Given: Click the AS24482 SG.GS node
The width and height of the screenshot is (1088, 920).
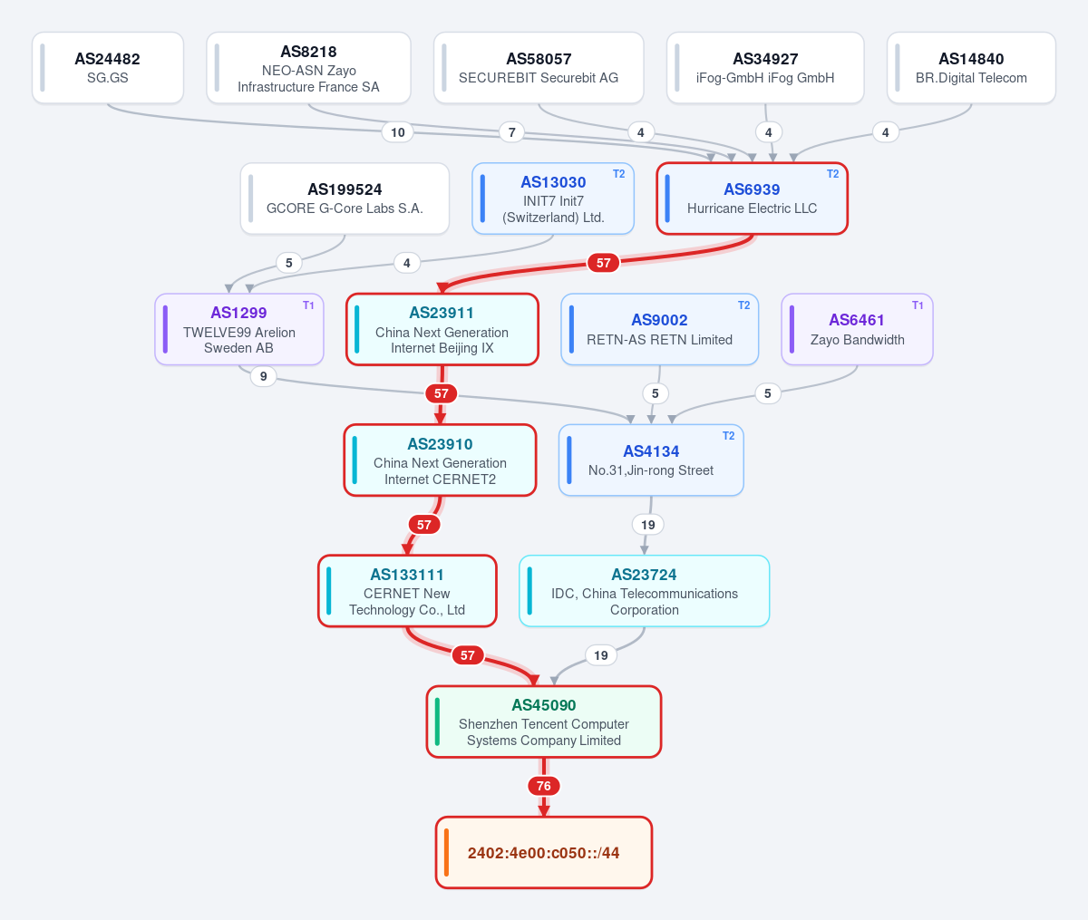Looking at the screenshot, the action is point(107,68).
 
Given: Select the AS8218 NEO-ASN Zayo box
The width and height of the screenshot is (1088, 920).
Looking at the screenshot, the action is point(308,68).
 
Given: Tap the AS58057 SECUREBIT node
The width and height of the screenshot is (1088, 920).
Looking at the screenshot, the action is point(539,68).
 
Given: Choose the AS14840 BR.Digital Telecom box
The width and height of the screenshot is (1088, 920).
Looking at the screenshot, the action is point(971,68).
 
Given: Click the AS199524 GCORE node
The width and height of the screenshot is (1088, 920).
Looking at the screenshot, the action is point(345,199).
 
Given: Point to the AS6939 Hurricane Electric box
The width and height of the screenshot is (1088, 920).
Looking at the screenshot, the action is point(753,199).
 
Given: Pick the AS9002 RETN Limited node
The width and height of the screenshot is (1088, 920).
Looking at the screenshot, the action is point(659,329).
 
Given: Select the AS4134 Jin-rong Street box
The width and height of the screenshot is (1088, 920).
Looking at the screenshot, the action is point(651,460).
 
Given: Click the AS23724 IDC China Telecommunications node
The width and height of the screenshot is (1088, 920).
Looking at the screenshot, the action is point(645,591).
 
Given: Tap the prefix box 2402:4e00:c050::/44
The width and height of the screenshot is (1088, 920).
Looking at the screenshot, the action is point(544,853).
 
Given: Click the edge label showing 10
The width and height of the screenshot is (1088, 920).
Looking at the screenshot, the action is point(397,132).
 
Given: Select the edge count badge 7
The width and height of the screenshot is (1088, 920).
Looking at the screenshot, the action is point(511,132).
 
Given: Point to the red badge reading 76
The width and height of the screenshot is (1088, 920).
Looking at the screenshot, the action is point(544,786).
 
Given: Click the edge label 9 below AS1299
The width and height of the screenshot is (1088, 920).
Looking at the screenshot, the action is point(263,376).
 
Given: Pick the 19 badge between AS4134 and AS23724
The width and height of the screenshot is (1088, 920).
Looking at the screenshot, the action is point(648,525).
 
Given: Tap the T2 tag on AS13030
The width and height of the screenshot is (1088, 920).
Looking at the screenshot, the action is point(619,174).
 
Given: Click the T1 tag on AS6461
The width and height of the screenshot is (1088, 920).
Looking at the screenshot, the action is point(918,305).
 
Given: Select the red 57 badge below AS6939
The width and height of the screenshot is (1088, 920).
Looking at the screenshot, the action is point(603,263).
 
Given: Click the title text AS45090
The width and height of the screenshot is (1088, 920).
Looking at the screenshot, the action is point(544,705).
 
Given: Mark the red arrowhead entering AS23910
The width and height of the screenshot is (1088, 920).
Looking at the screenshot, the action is point(440,419).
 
